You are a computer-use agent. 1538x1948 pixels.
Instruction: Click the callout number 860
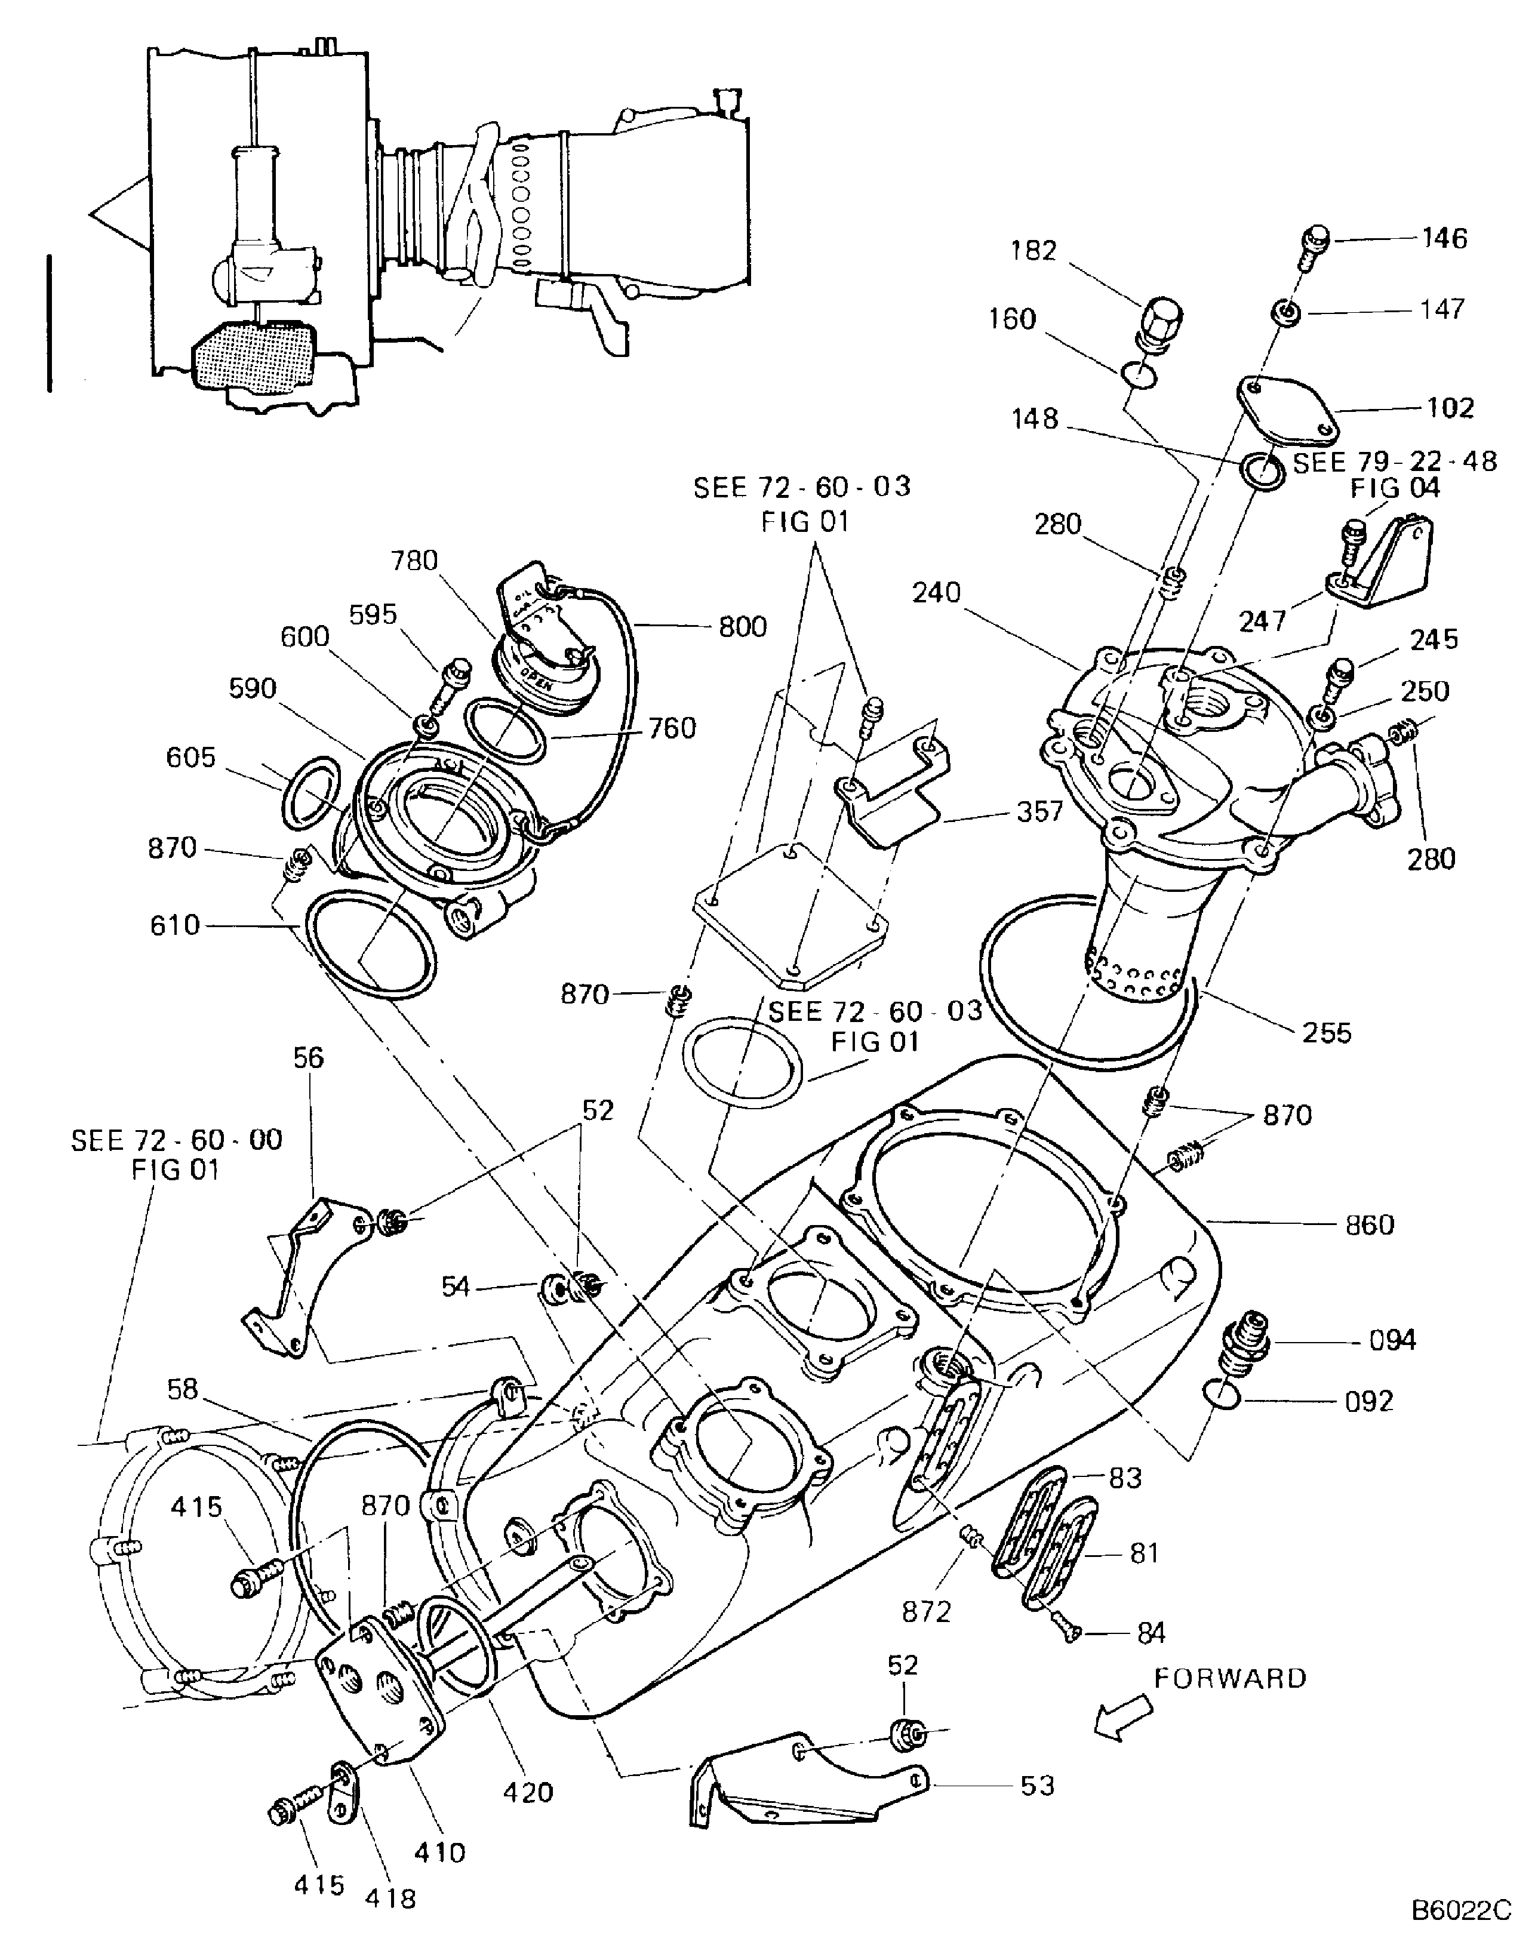tap(1368, 1225)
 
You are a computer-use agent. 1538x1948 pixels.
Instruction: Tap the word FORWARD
tap(1230, 1678)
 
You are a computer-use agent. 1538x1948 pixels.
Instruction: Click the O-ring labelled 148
tap(1262, 472)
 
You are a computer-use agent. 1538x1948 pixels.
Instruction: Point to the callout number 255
tap(1327, 1033)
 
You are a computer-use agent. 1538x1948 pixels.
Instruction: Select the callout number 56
tap(308, 1058)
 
